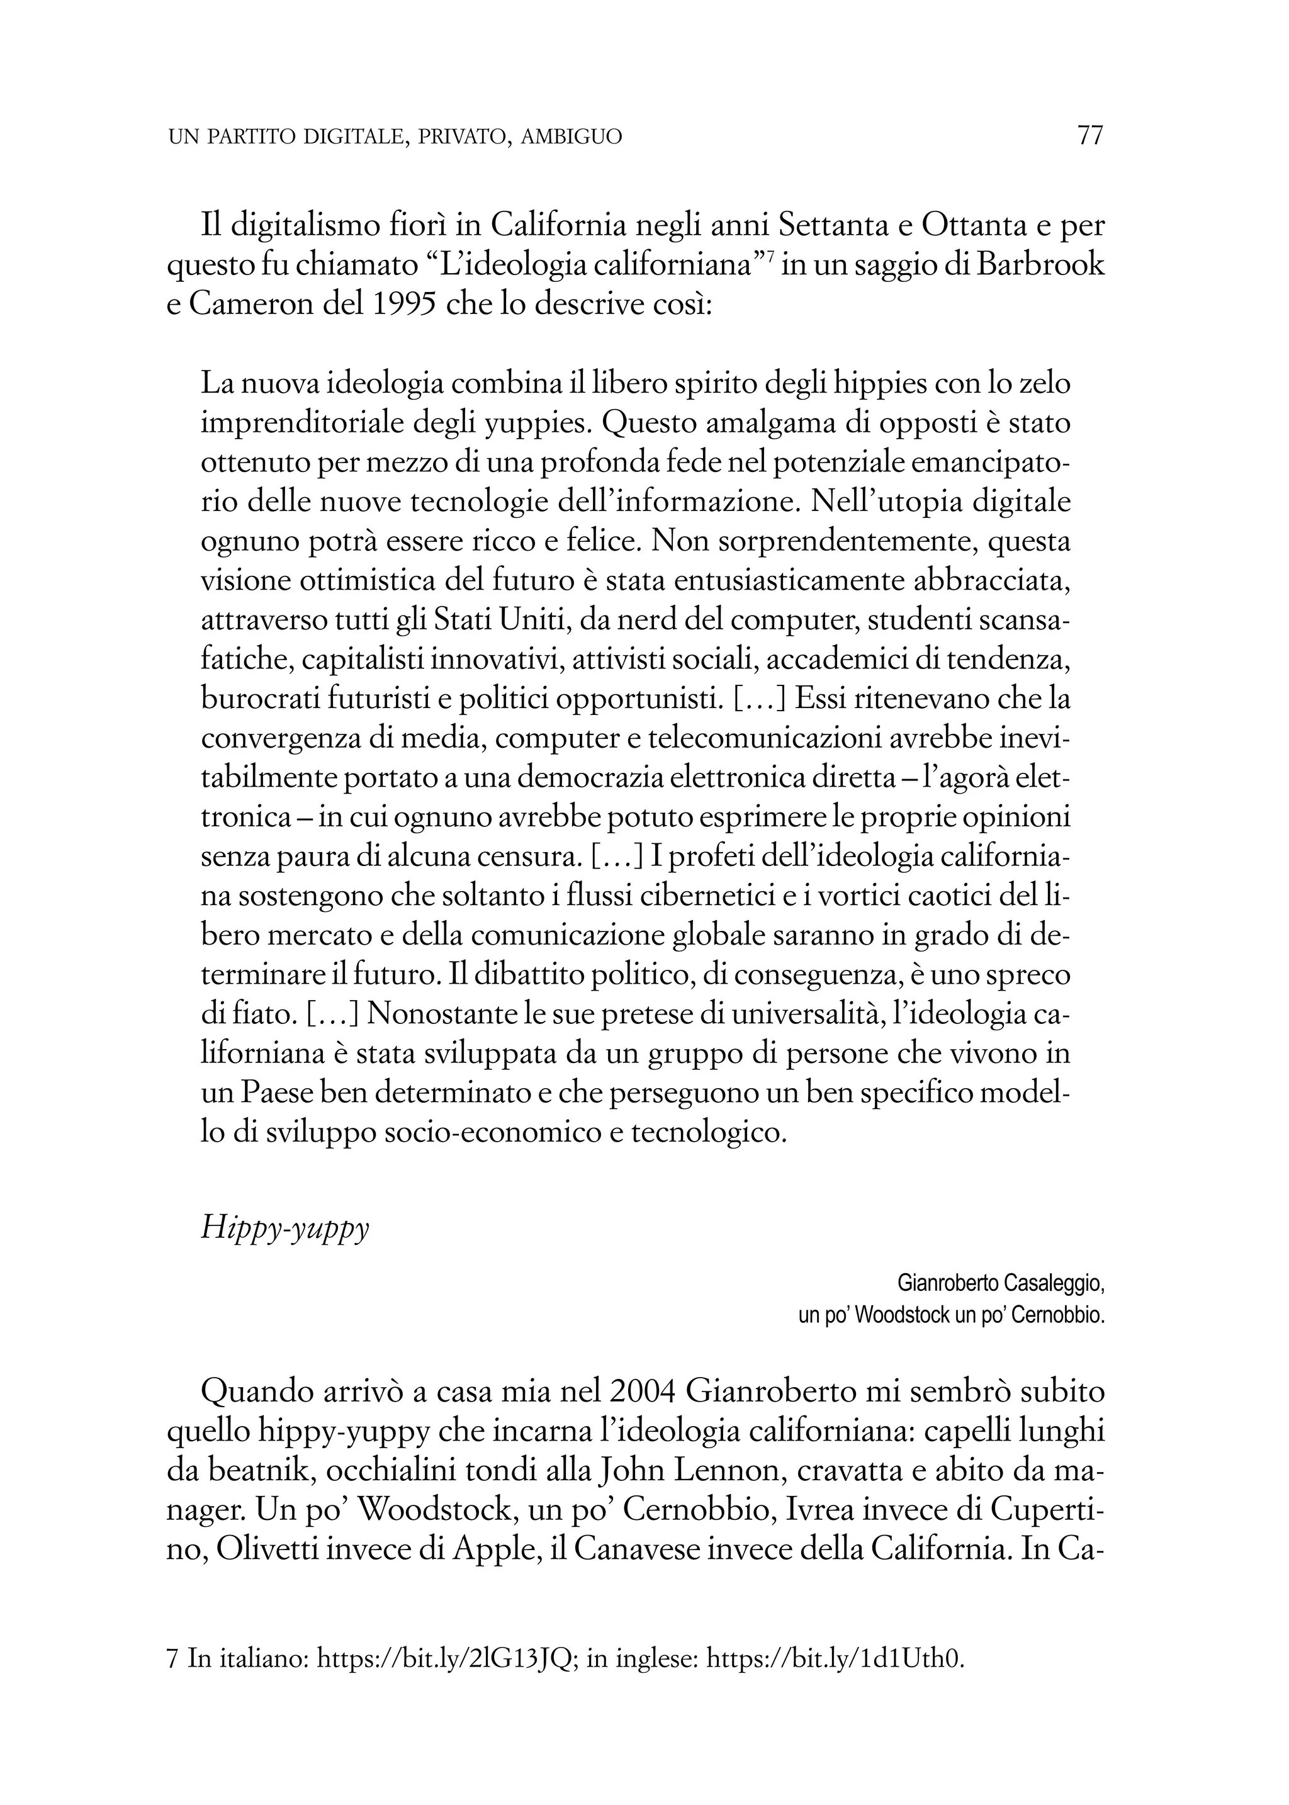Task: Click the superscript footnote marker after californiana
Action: click(x=770, y=256)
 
